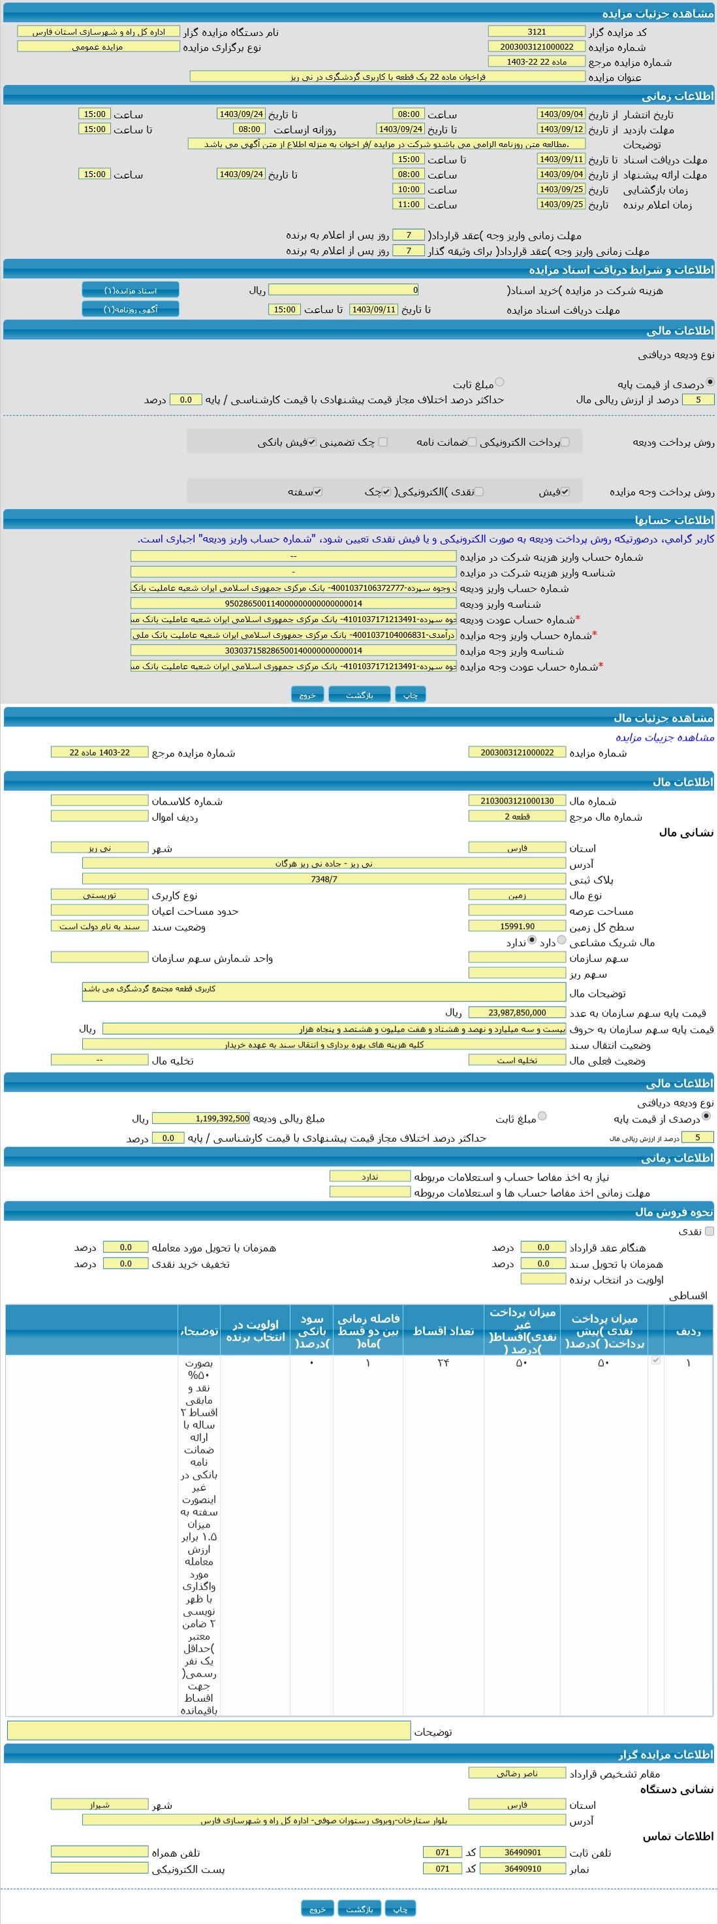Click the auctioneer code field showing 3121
pos(536,31)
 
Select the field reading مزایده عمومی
pos(98,46)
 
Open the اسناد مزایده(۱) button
pos(131,290)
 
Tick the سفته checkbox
pos(318,491)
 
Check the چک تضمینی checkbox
pos(383,441)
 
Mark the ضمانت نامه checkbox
pos(472,441)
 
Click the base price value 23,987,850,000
pos(516,1012)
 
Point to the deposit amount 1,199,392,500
pos(201,1118)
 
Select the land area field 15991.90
pos(516,926)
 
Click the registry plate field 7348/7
pos(323,879)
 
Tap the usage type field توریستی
pos(99,895)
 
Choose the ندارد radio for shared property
pos(531,940)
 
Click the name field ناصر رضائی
pos(516,1772)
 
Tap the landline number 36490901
pos(522,1851)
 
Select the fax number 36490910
pos(522,1868)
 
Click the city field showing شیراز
pos(99,1804)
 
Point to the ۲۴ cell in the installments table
pos(443,1363)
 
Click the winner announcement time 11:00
pos(408,204)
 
